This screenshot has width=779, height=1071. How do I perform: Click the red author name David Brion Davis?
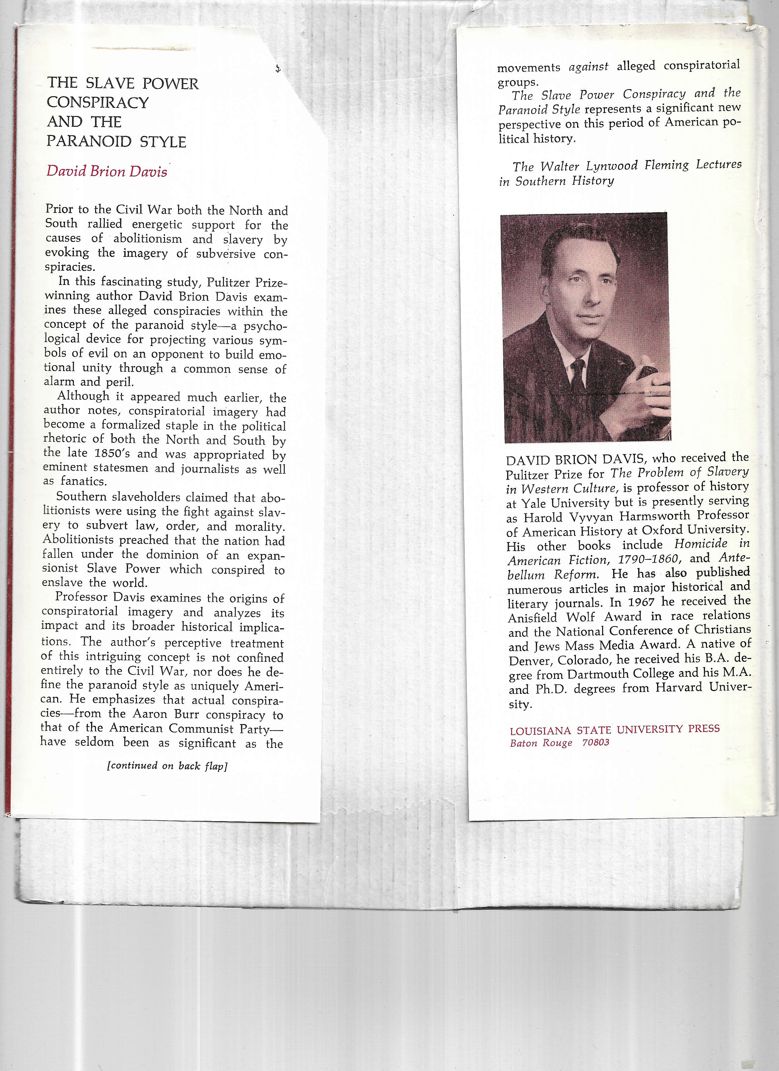click(x=107, y=171)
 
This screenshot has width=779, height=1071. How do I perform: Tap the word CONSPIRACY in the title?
click(x=98, y=103)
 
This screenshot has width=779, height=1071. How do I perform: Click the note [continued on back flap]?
click(x=167, y=766)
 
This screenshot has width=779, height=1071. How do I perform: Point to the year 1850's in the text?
click(x=112, y=453)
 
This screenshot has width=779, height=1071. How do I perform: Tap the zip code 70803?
click(x=596, y=743)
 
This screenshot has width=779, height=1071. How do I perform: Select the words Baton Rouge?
click(x=541, y=743)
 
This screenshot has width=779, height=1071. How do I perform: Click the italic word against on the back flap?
click(x=589, y=67)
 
